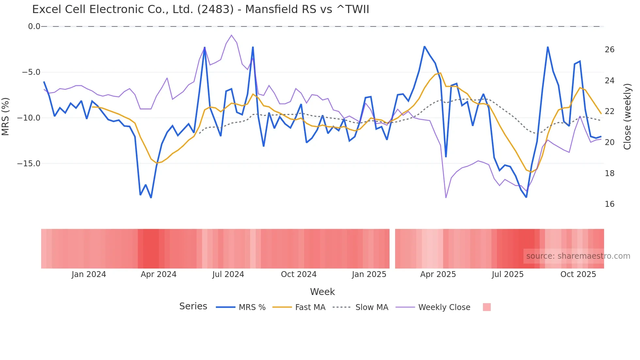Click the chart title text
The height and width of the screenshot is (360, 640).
point(200,9)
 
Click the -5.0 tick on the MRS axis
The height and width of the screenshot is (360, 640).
point(31,72)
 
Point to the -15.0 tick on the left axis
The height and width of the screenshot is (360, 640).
point(29,164)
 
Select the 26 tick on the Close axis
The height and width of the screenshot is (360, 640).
point(609,50)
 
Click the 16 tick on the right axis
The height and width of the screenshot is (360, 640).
point(609,204)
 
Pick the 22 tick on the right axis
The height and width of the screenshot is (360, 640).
point(609,111)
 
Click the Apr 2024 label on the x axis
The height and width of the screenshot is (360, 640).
point(158,274)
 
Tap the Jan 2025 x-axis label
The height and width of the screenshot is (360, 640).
point(369,274)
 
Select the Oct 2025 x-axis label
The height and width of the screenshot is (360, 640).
point(578,274)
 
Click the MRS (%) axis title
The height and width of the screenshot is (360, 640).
point(6,116)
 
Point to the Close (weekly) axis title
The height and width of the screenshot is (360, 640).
point(627,117)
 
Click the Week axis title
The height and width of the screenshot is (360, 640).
point(322,292)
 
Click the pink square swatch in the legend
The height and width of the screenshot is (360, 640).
point(487,307)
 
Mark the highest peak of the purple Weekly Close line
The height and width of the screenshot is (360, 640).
point(232,35)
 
